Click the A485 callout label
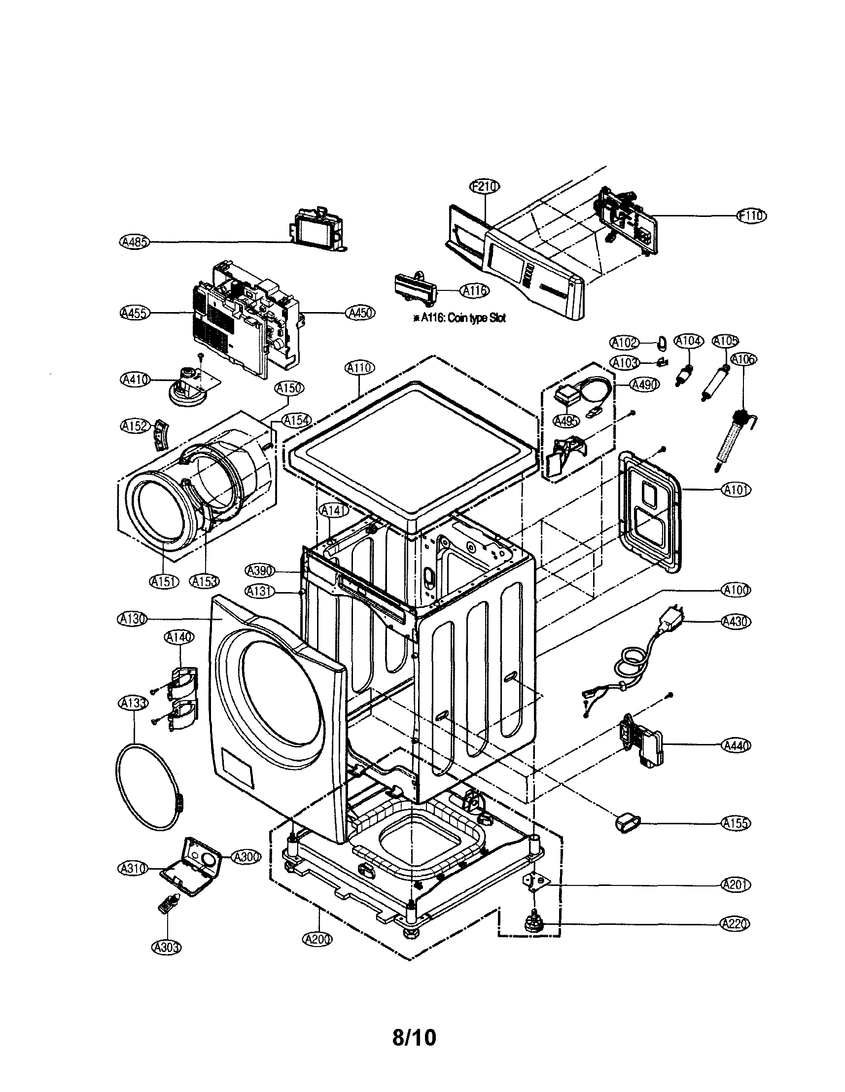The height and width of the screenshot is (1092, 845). [134, 242]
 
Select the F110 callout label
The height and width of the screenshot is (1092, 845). [751, 215]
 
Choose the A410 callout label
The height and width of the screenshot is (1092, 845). [135, 380]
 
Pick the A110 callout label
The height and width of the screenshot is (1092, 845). [359, 367]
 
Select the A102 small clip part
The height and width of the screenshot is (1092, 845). [662, 343]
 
